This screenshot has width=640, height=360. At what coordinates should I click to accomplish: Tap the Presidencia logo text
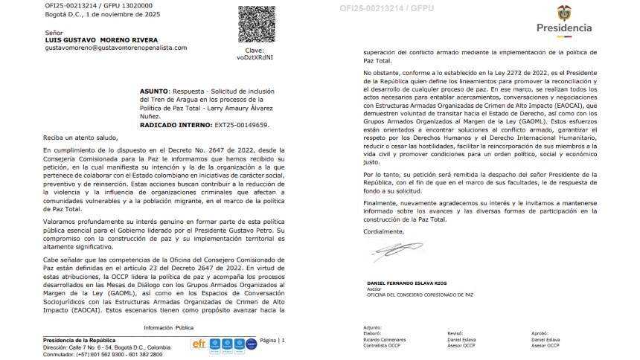[x=564, y=28]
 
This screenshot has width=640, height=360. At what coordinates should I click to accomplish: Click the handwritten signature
[x=394, y=252]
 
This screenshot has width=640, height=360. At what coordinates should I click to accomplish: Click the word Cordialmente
[x=383, y=231]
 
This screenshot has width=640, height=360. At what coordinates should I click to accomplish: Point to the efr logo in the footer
[x=199, y=344]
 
